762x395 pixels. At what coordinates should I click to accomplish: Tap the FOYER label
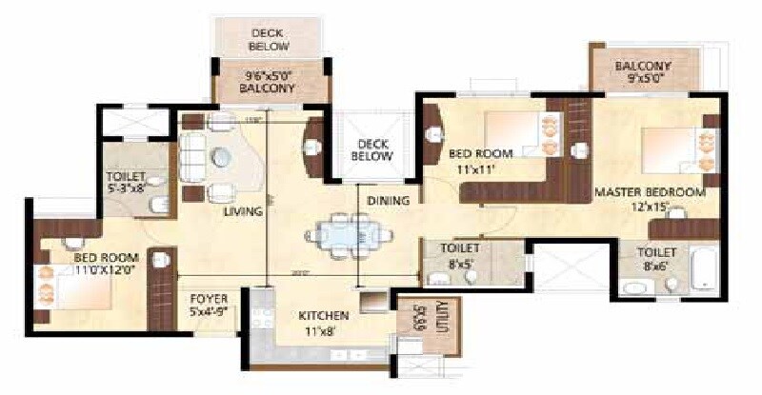click(207, 298)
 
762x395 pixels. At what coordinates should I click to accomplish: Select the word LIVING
click(243, 211)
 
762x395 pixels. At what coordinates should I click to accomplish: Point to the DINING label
click(388, 201)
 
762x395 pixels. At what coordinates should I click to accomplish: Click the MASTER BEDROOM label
click(650, 191)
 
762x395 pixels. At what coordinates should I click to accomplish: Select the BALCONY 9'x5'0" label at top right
click(643, 73)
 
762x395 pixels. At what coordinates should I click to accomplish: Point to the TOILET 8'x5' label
click(459, 254)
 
